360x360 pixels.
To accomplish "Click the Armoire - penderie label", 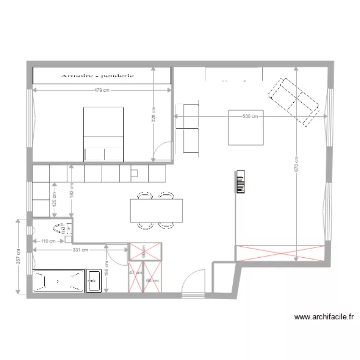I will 97,75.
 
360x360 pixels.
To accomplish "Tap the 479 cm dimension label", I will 102,90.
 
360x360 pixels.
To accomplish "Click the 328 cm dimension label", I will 154,114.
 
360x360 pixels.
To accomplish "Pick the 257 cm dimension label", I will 18,257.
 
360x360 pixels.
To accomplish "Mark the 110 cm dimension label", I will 48,241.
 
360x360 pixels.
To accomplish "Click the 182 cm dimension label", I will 71,191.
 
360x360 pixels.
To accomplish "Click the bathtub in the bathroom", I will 57,281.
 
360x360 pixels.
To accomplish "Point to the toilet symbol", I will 61,227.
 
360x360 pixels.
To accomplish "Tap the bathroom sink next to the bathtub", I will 93,281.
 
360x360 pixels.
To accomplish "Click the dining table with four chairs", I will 156,211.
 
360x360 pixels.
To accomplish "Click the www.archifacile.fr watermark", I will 324,317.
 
